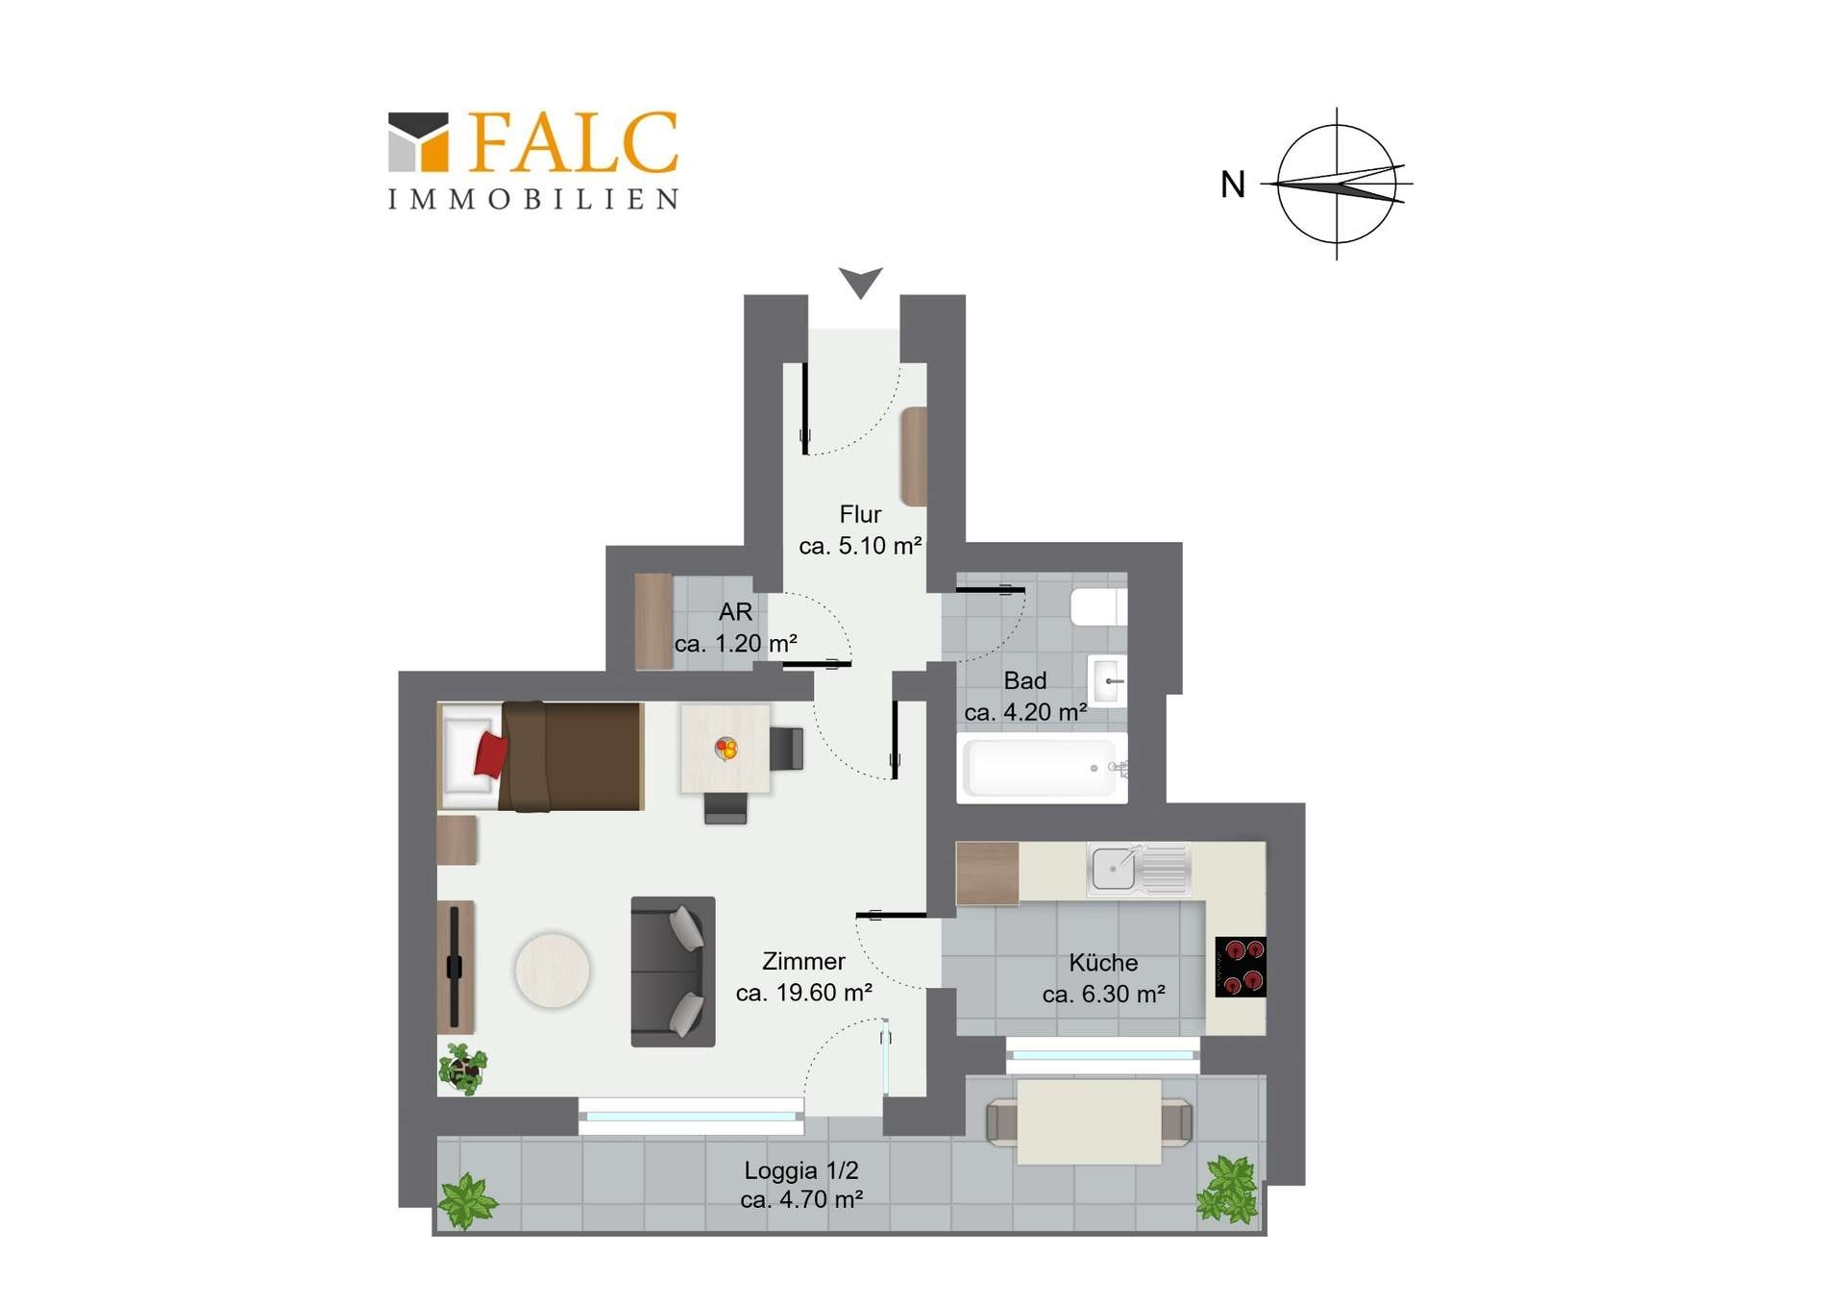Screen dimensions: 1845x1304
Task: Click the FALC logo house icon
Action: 418,142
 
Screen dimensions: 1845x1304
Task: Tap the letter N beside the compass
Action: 1233,185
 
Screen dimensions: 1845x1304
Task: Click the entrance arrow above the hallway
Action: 860,283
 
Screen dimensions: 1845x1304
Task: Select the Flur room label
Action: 860,515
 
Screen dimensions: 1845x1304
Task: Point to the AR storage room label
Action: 735,612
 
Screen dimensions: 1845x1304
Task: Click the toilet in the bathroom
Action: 1098,607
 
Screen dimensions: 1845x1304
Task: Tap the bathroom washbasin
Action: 1107,680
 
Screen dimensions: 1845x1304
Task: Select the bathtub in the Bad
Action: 1042,768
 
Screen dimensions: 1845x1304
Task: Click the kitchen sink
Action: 1138,870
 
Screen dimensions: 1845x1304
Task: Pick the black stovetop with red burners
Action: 1241,967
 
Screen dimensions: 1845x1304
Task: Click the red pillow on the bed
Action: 490,754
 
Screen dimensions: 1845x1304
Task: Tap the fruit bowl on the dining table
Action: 726,748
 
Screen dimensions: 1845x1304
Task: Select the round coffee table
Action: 553,971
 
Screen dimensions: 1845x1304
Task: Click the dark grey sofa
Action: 673,972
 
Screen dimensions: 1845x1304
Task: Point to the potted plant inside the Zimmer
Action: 463,1069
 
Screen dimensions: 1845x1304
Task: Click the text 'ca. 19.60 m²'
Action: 804,993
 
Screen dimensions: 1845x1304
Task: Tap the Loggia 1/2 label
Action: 801,1170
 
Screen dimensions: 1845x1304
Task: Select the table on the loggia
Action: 1089,1121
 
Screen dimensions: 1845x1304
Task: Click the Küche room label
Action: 1103,963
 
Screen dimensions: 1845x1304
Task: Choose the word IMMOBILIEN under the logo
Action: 533,199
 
